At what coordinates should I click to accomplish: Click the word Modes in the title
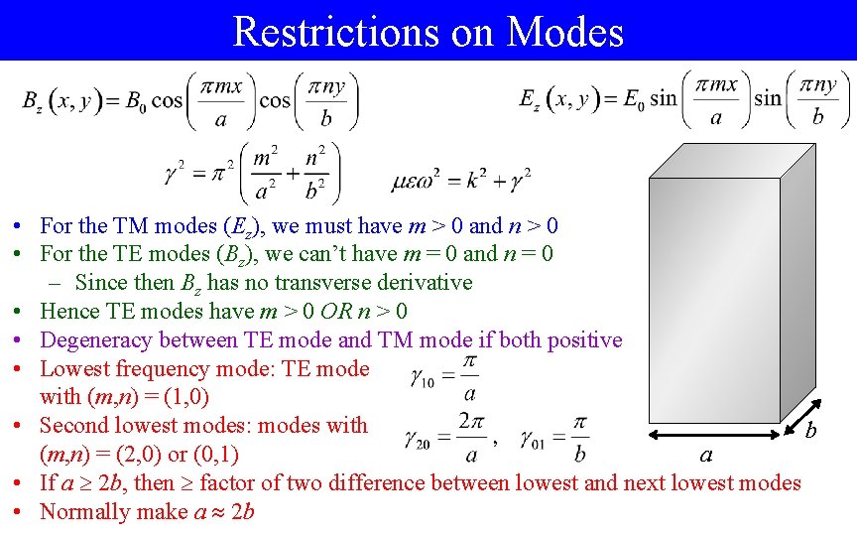tap(564, 31)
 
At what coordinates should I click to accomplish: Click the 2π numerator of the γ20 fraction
tap(470, 421)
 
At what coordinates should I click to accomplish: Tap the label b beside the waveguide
tap(810, 429)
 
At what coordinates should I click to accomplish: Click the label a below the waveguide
tap(706, 456)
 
